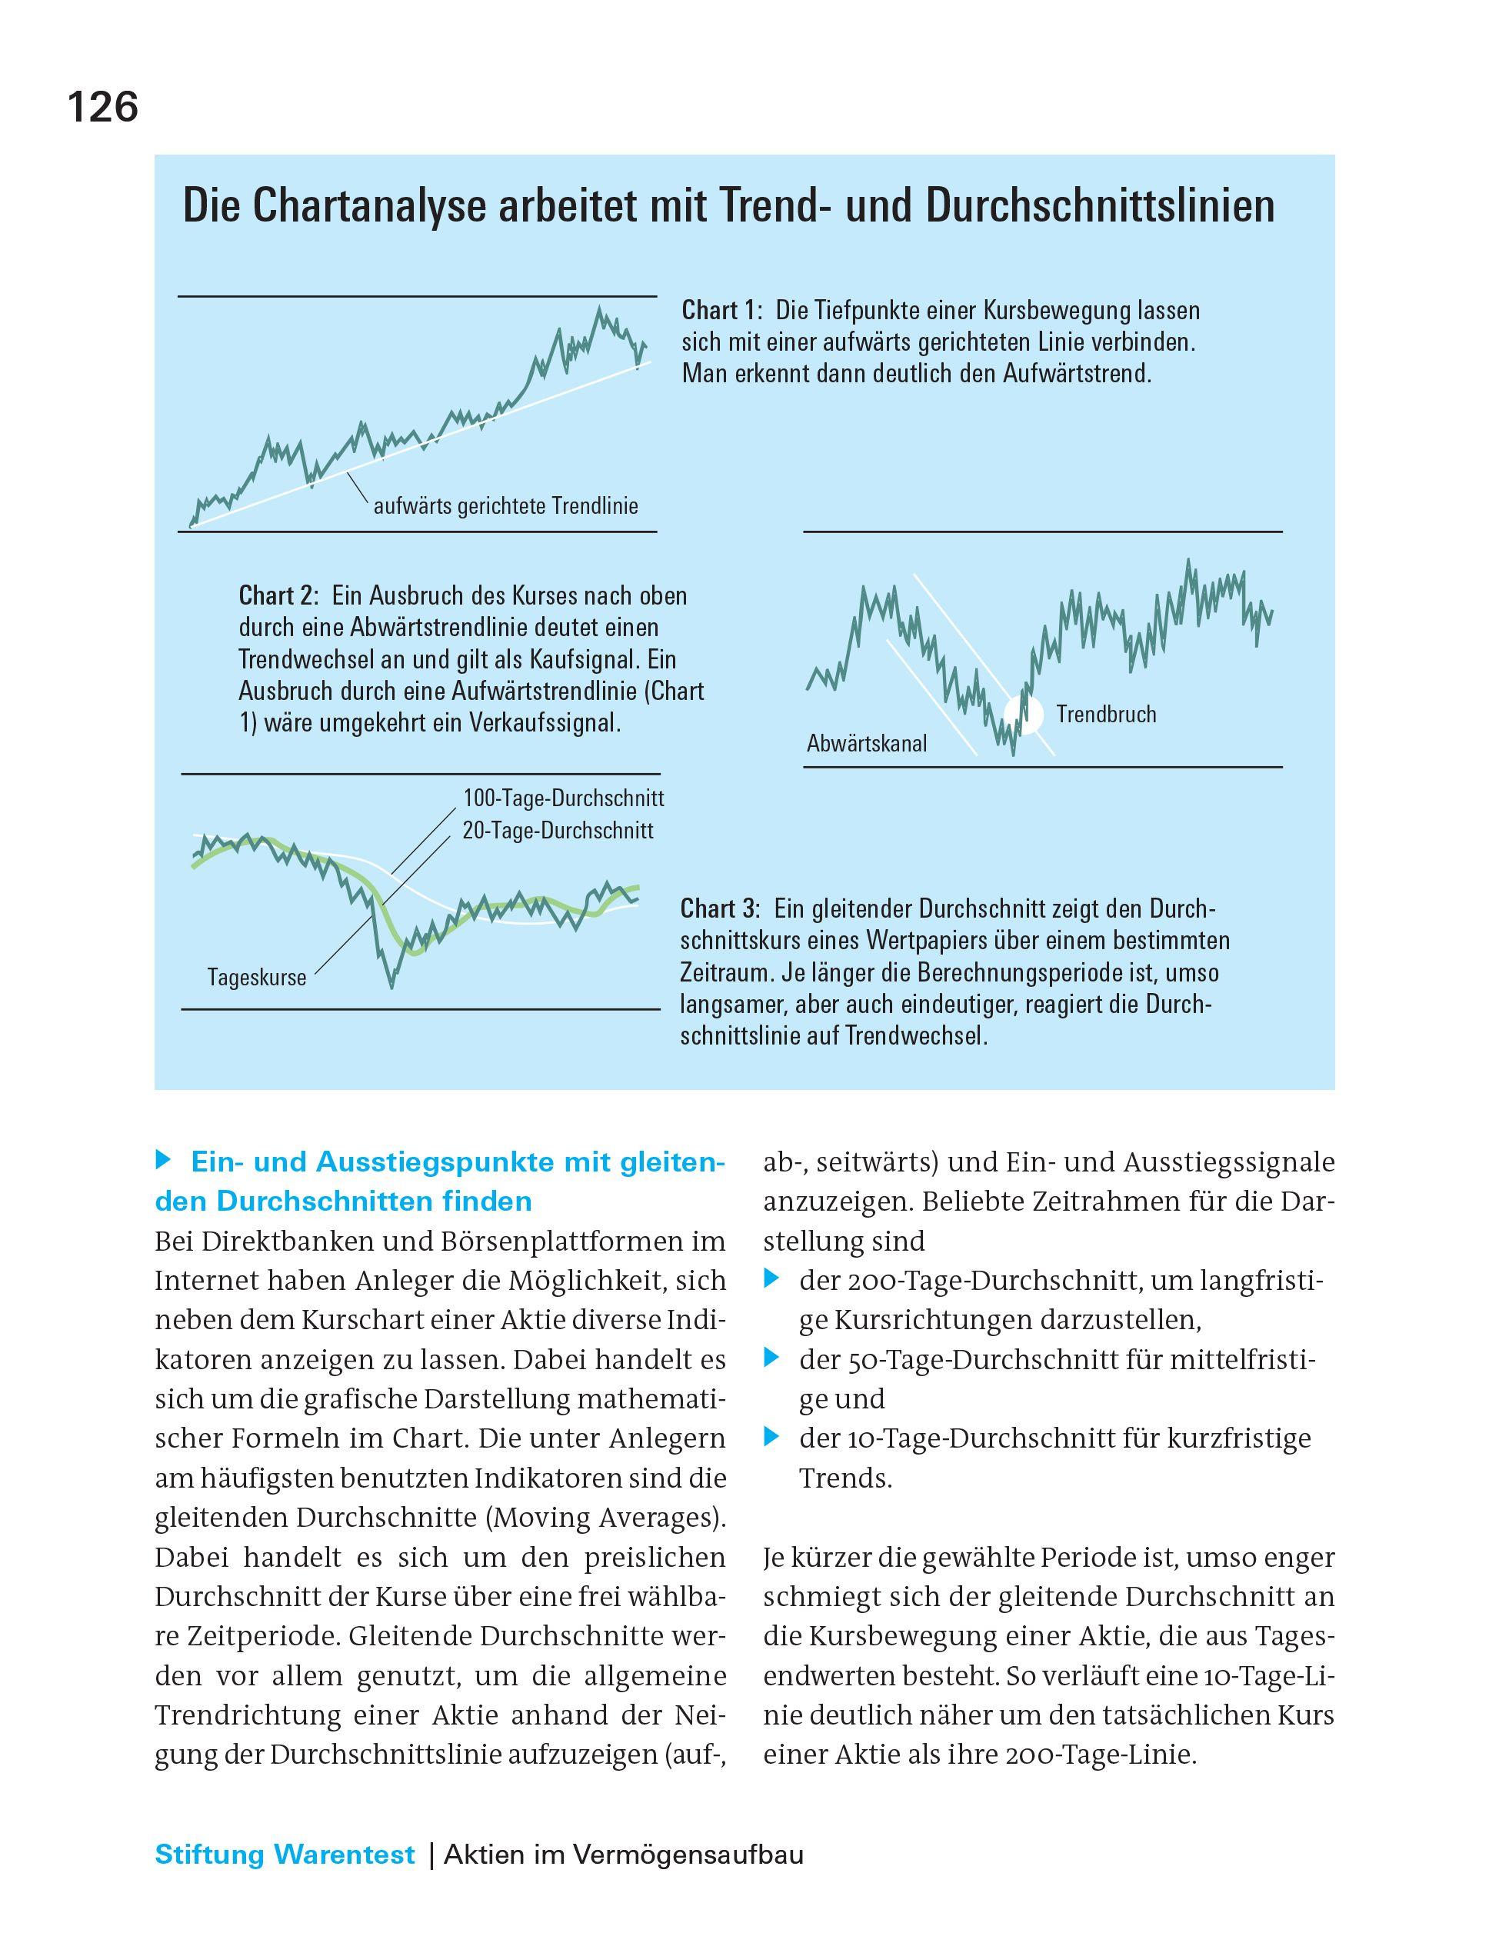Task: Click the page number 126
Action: [x=102, y=108]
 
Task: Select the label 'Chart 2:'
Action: [x=278, y=596]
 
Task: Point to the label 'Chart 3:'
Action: [x=720, y=909]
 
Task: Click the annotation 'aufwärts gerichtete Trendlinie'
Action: [x=505, y=507]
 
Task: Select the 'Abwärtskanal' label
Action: [x=866, y=743]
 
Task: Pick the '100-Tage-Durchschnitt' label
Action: [x=563, y=798]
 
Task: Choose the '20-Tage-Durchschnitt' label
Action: [x=558, y=832]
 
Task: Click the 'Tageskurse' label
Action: [x=257, y=978]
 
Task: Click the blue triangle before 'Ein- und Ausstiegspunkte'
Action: [x=162, y=1161]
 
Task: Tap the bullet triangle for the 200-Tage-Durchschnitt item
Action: [x=772, y=1280]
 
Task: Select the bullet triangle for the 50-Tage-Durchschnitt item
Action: [x=772, y=1359]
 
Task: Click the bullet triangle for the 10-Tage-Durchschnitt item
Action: [x=772, y=1438]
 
